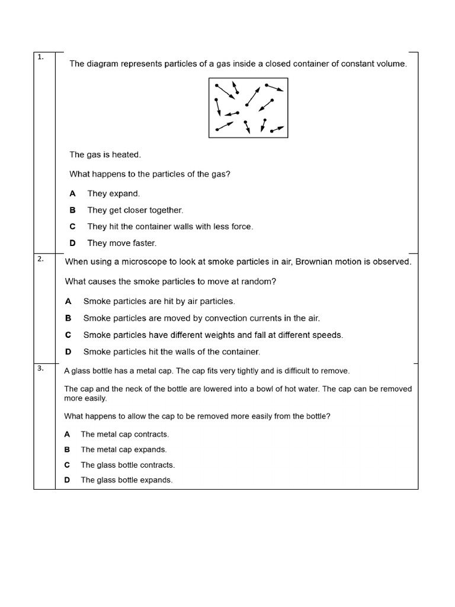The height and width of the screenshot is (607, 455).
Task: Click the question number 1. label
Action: [40, 57]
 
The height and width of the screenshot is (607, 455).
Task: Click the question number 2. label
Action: [40, 258]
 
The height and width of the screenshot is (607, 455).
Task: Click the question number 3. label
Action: [40, 368]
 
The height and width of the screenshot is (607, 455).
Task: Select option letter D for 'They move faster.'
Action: [73, 243]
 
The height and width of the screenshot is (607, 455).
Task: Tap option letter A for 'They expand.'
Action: [73, 193]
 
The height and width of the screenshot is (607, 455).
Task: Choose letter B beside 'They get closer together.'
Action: [73, 210]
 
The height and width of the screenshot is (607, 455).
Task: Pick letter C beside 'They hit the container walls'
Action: [73, 226]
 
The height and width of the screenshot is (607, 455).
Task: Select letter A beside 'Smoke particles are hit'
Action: [68, 301]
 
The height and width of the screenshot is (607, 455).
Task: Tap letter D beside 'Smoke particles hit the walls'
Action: [68, 352]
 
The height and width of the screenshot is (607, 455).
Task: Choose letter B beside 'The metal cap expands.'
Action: [67, 449]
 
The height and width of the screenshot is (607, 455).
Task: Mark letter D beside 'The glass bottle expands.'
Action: [67, 480]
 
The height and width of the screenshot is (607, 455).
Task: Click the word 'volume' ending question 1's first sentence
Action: [393, 63]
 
